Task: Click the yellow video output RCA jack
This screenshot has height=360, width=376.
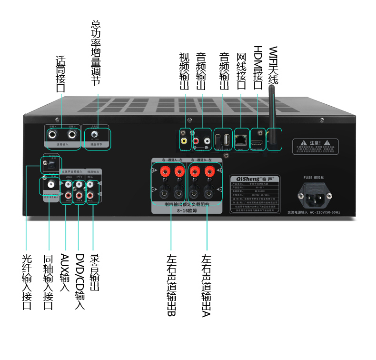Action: pos(184,140)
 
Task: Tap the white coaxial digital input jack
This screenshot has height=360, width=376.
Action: pos(49,184)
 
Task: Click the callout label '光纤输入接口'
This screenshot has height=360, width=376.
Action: pos(27,281)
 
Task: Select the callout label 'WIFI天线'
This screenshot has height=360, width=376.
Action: pos(272,66)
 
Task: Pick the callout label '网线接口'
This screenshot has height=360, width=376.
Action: pos(241,71)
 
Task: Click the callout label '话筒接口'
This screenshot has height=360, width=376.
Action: pos(60,74)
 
